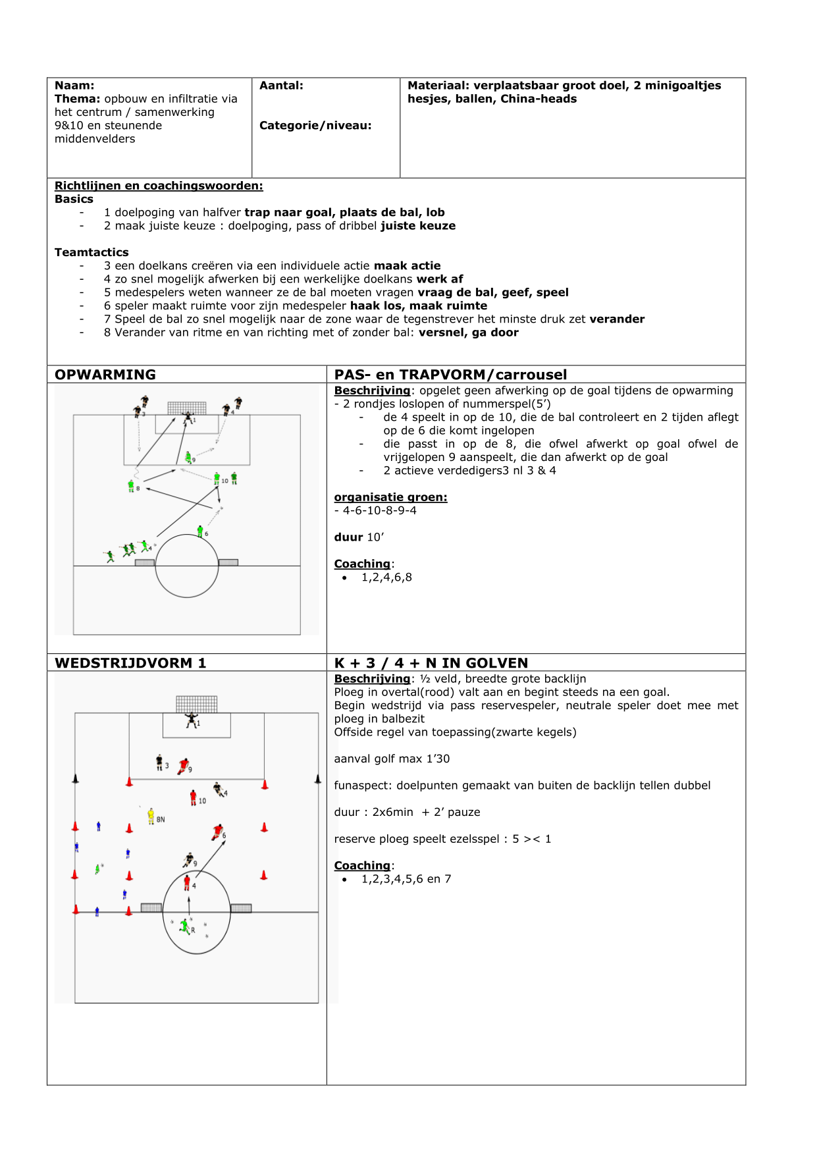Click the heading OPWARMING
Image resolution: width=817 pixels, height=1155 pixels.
click(x=105, y=375)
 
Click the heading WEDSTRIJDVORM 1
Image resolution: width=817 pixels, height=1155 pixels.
click(x=130, y=663)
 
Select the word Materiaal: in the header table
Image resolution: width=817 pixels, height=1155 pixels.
click(x=438, y=86)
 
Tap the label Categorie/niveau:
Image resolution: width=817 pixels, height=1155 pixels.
click(x=315, y=126)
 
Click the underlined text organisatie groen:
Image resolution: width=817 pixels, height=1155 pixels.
click(x=390, y=497)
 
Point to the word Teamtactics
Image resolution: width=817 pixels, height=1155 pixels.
click(x=92, y=252)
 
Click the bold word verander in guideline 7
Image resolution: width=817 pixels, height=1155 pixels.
click(x=617, y=319)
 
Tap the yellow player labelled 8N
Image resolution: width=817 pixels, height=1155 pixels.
click(x=151, y=816)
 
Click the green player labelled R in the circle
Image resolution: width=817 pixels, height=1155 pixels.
click(x=185, y=927)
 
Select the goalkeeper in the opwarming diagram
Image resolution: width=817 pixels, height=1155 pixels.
click(x=188, y=417)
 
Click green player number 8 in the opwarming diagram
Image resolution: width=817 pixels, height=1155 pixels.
click(x=131, y=486)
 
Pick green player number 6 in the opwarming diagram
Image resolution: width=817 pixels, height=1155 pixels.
click(x=200, y=531)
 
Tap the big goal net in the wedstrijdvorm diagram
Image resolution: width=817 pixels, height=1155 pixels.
click(x=196, y=704)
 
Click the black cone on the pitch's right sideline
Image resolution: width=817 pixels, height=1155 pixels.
click(x=318, y=780)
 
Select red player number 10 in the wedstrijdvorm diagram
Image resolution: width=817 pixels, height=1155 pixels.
click(x=194, y=797)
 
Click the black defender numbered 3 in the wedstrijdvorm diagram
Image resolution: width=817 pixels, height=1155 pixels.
click(x=159, y=763)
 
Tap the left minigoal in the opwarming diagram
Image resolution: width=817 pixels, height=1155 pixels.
click(x=145, y=562)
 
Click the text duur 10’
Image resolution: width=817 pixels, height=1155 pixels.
click(x=359, y=537)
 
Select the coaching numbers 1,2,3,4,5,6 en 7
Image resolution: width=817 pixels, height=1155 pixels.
click(x=406, y=879)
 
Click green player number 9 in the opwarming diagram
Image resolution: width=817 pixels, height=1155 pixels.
click(x=188, y=456)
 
